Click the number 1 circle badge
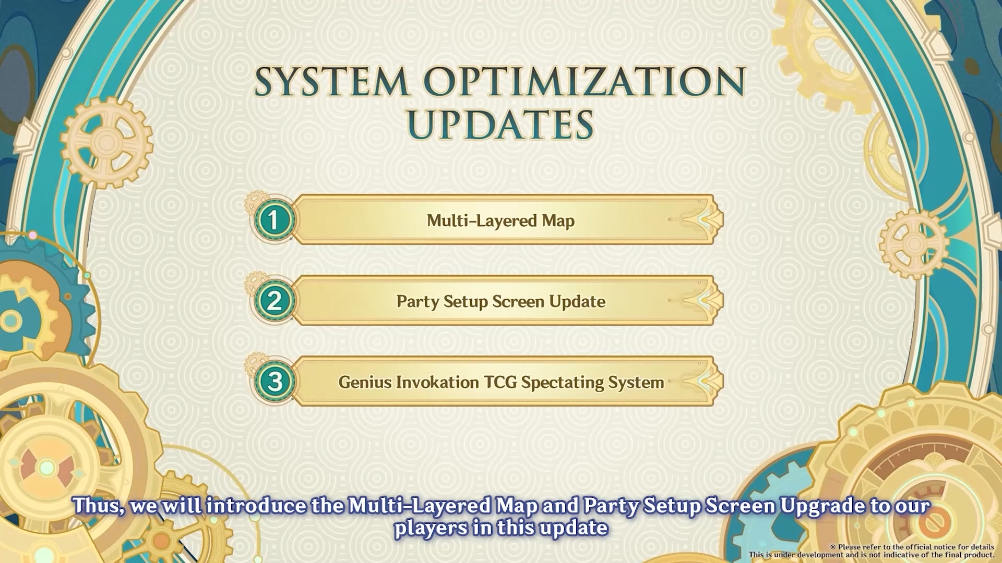coord(274,220)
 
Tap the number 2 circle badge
coord(274,301)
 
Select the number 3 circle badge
coord(274,382)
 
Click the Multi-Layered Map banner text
coord(500,221)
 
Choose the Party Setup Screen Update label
coord(501,302)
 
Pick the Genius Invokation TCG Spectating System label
coord(501,383)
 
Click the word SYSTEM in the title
coord(332,81)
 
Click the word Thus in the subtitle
coord(99,506)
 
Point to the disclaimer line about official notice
coord(912,547)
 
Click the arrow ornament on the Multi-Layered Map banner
coord(702,220)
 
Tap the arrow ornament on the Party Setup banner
coord(702,301)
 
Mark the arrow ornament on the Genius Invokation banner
coord(702,382)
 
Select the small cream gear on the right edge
coord(913,244)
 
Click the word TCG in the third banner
coord(501,382)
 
